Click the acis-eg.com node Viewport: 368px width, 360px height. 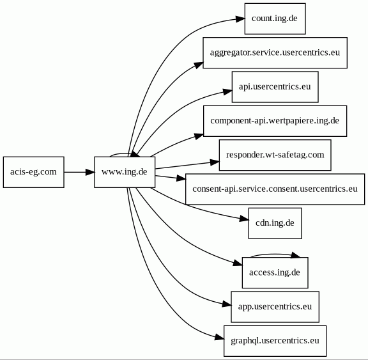tap(34, 172)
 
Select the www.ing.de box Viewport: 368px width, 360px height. tap(125, 172)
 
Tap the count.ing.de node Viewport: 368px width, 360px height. tap(275, 19)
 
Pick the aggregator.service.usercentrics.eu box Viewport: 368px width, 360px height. tap(275, 53)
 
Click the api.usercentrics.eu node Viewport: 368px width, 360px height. tap(275, 87)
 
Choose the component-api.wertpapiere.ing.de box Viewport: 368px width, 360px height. tap(275, 121)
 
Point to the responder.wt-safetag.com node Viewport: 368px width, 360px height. tap(275, 155)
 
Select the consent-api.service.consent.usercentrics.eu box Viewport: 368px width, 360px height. tap(275, 189)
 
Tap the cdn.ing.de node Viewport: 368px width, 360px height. tap(275, 223)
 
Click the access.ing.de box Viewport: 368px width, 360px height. tap(275, 272)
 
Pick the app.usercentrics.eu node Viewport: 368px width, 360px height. tap(275, 307)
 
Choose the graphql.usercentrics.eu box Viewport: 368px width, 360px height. tap(275, 341)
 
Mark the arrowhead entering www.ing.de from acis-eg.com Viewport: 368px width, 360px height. tap(90, 172)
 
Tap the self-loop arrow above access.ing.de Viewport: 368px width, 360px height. tap(275, 254)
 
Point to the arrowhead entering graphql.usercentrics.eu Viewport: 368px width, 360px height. tap(219, 338)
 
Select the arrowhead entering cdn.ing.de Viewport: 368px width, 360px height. tap(244, 219)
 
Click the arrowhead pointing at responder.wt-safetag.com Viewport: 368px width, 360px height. tap(215, 162)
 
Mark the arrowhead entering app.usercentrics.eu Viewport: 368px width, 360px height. tap(227, 304)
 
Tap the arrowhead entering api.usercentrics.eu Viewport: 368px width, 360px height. tap(227, 91)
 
